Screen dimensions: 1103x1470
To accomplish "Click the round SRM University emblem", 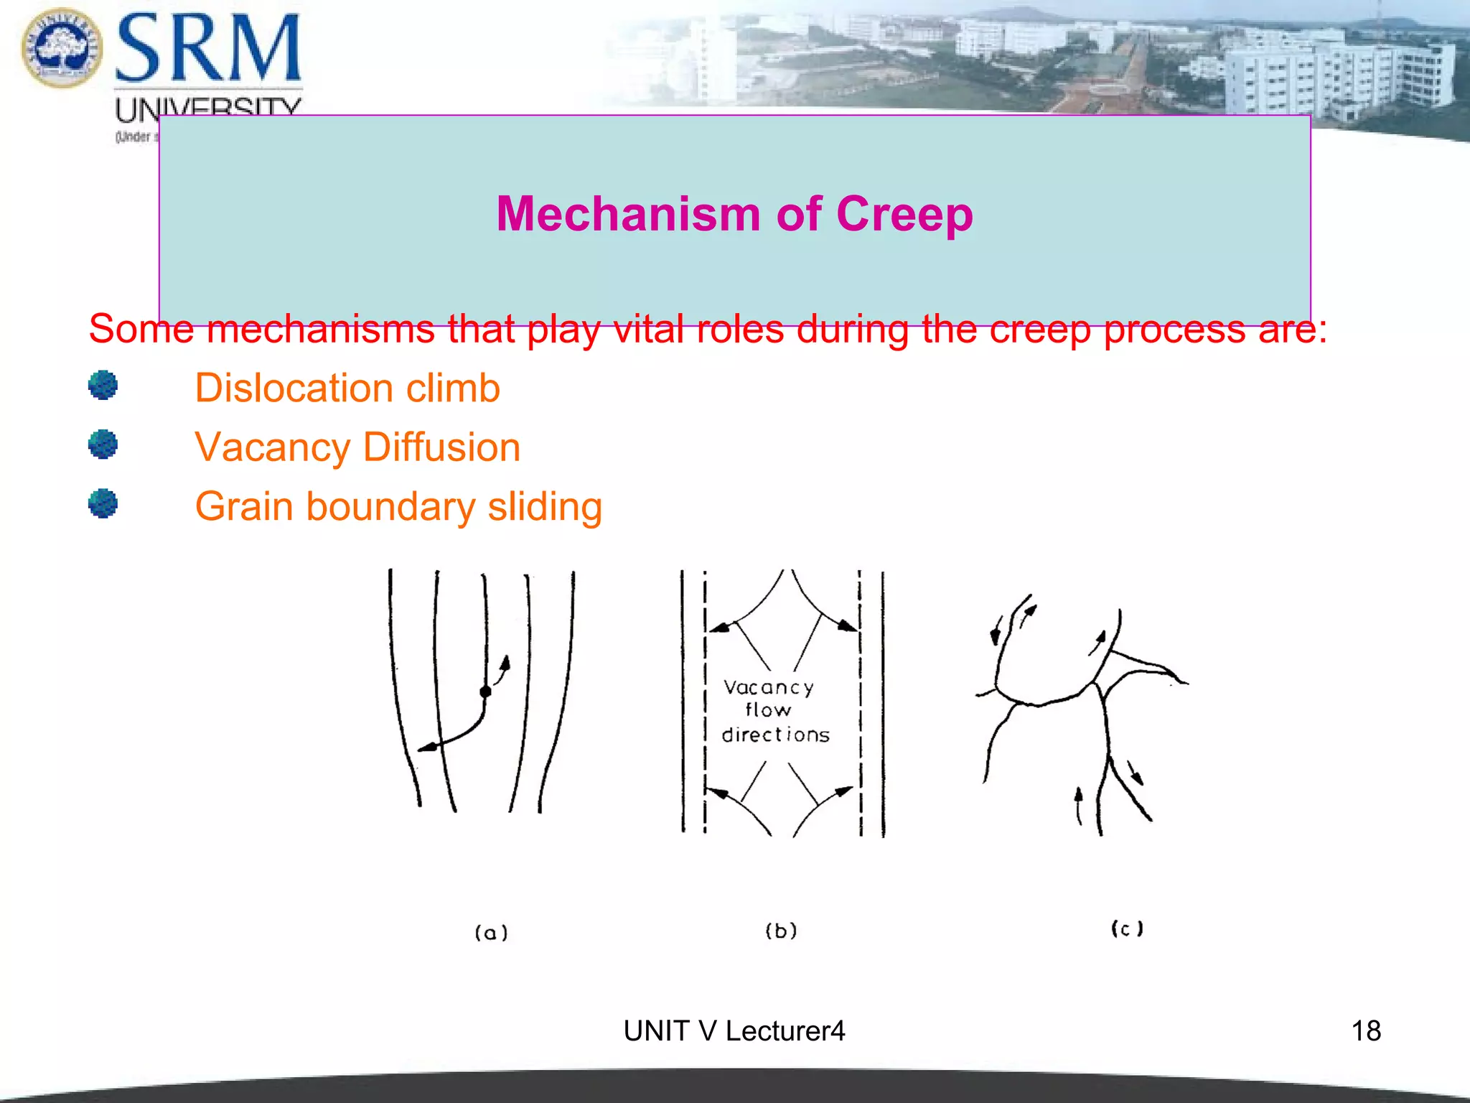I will [62, 47].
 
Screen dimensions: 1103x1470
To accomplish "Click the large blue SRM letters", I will [208, 49].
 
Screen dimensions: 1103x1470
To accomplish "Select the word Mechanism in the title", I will [628, 214].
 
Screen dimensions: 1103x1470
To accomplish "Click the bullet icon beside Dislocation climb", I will [103, 386].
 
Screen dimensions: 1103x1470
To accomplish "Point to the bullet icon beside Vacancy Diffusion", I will [103, 445].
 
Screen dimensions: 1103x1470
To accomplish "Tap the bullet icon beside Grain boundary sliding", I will [103, 503].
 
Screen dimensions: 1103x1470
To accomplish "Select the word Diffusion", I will [441, 447].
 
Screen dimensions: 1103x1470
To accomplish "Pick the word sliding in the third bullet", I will [545, 507].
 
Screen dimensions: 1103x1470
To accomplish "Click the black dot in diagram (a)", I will [485, 692].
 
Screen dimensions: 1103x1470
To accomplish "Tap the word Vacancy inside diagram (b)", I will [768, 688].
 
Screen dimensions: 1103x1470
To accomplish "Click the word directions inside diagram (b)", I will [775, 735].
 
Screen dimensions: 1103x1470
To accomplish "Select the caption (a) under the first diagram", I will [491, 932].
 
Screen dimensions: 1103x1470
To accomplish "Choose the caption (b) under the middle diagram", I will [781, 931].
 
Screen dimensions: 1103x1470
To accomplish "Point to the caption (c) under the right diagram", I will [1127, 929].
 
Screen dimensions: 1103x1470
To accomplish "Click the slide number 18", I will [1365, 1031].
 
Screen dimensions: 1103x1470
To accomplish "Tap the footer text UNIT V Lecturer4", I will [734, 1031].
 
